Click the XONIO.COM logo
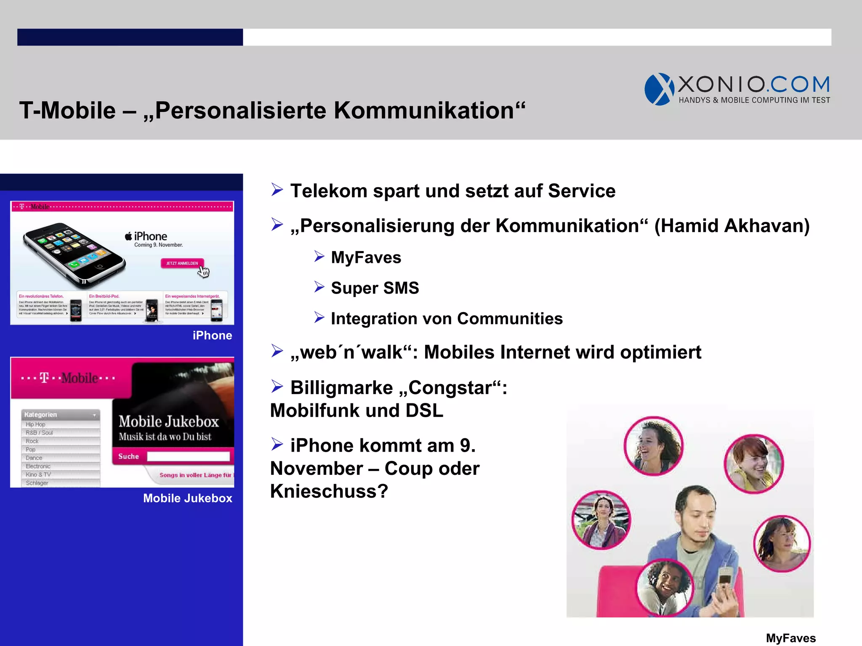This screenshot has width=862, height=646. click(737, 89)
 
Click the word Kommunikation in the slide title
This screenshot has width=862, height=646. click(424, 111)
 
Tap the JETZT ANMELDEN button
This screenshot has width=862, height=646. click(182, 263)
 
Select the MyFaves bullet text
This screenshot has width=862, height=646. click(366, 257)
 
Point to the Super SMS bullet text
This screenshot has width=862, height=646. click(375, 288)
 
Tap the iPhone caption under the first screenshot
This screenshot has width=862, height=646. click(212, 336)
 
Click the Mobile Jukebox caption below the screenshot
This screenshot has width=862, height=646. click(187, 498)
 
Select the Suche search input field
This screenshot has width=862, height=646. click(188, 456)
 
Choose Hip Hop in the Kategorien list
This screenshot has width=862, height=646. click(36, 424)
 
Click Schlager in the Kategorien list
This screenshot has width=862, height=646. click(37, 483)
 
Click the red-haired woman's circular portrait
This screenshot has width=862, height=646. click(753, 463)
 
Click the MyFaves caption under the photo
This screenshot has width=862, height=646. click(790, 638)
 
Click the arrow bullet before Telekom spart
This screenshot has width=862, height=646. click(277, 190)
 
